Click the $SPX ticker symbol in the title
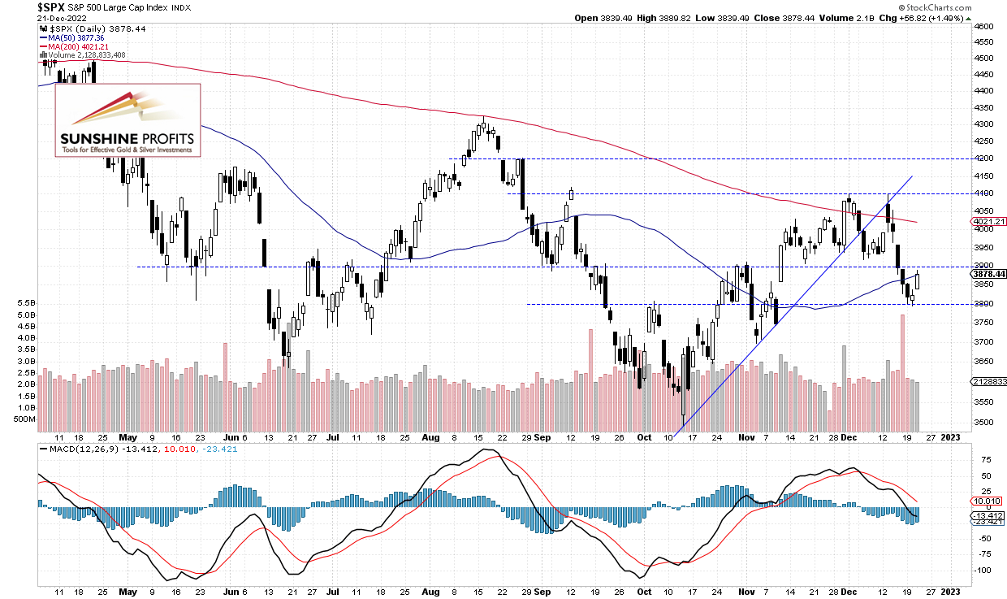coord(50,7)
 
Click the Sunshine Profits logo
coord(127,120)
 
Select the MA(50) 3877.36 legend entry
coord(72,38)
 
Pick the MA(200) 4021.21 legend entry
coord(74,46)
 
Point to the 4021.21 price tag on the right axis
coord(988,221)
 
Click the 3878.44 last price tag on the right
coord(988,274)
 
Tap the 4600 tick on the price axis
coord(983,27)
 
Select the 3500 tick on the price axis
coord(983,422)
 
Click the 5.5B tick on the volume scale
coord(26,303)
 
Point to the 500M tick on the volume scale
coord(24,419)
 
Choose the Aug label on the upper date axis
coord(430,437)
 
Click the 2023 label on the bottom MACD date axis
coord(950,592)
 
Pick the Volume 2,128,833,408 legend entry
coord(83,55)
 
